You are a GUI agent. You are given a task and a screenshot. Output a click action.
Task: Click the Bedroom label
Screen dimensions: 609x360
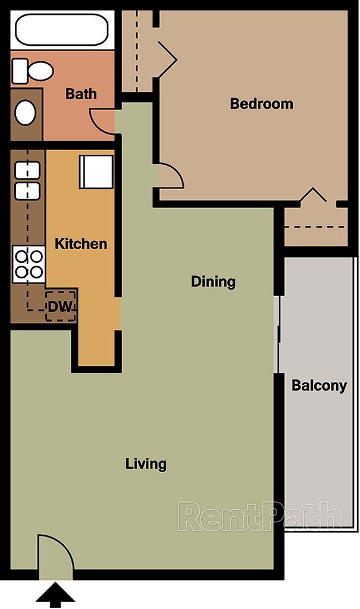(261, 104)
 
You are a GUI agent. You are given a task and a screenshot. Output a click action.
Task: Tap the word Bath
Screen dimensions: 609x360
(81, 94)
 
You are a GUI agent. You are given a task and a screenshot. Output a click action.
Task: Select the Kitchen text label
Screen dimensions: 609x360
(81, 244)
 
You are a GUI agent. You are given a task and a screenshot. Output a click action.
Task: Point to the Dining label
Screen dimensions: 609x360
(213, 281)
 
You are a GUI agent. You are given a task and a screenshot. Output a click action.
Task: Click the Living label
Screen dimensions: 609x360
(146, 464)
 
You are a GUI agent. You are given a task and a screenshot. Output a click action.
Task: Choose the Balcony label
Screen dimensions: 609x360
(319, 386)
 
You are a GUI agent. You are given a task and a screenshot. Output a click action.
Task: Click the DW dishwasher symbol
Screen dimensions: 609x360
(61, 306)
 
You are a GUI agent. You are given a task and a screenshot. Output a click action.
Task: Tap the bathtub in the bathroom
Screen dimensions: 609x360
(61, 30)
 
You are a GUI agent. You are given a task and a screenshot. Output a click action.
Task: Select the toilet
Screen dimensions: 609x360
(32, 71)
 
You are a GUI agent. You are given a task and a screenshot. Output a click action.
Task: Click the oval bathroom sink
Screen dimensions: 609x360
(26, 112)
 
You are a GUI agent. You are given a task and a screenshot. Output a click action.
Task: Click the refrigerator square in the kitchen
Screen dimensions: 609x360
(96, 172)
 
